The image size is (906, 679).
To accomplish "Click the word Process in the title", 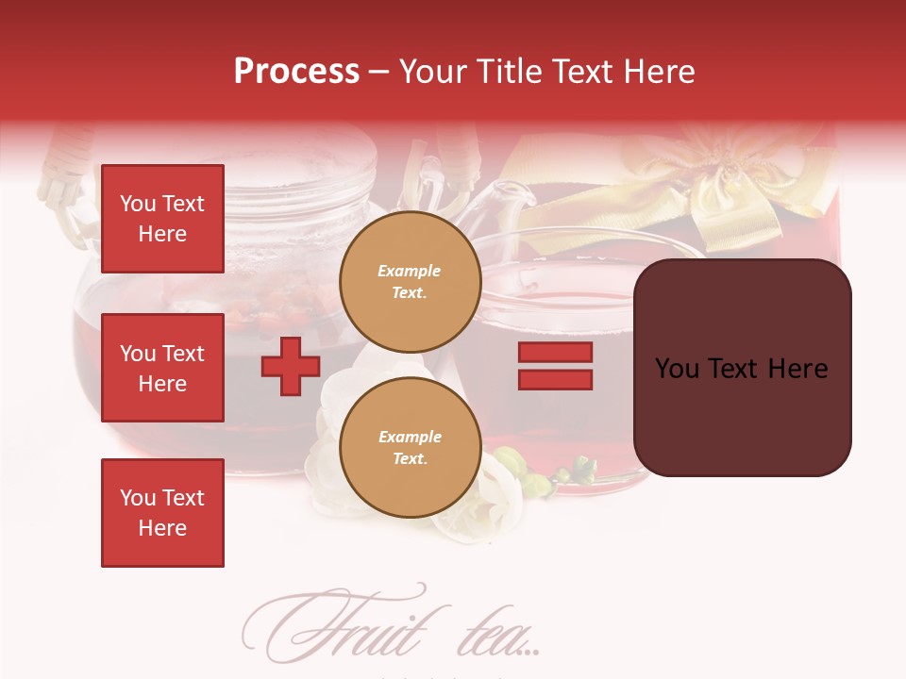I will pyautogui.click(x=296, y=71).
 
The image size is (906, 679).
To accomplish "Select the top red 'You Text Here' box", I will pyautogui.click(x=162, y=219).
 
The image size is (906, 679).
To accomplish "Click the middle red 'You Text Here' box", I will pyautogui.click(x=162, y=368).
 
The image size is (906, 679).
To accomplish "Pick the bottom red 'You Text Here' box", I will pyautogui.click(x=162, y=513).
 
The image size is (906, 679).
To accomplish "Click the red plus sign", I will pyautogui.click(x=291, y=367).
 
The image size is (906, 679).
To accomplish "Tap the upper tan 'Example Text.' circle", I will pyautogui.click(x=410, y=282).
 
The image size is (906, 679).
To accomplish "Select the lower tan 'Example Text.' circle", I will pyautogui.click(x=410, y=448).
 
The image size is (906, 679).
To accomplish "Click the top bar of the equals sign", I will pyautogui.click(x=555, y=353).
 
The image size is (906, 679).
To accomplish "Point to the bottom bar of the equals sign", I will pyautogui.click(x=555, y=380).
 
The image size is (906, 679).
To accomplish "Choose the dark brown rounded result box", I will pyautogui.click(x=742, y=368).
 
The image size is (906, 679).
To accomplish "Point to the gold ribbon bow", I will pyautogui.click(x=727, y=184).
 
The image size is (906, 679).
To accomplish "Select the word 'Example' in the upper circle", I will pyautogui.click(x=410, y=271).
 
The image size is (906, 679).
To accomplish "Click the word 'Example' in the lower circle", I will pyautogui.click(x=410, y=437).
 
